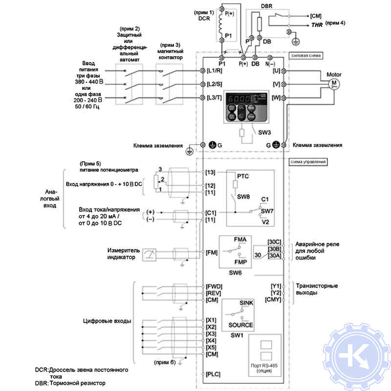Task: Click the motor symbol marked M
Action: [335, 84]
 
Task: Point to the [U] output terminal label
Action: [276, 71]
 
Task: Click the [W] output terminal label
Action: [276, 98]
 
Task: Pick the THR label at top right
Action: [313, 23]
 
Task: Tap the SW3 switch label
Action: [264, 132]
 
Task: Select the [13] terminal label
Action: [211, 173]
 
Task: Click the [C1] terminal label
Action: [211, 213]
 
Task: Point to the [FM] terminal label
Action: [212, 252]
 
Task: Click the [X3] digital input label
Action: [211, 333]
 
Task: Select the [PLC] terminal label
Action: [213, 373]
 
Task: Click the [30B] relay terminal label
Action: [274, 248]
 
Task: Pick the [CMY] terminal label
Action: [273, 299]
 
